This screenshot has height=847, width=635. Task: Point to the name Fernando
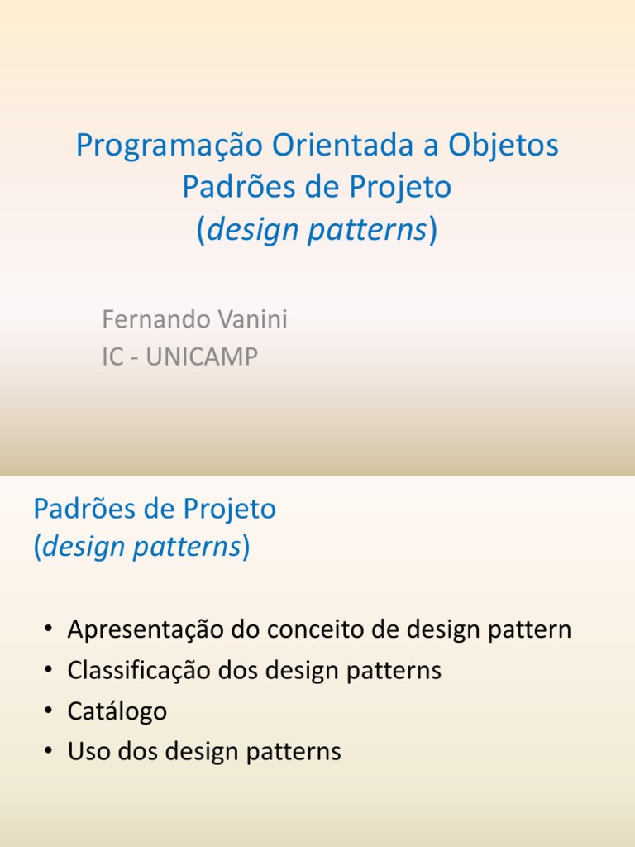click(x=151, y=319)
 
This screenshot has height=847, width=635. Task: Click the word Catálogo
click(x=117, y=711)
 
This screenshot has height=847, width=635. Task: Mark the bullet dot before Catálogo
click(x=50, y=711)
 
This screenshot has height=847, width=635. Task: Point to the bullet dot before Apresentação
click(x=50, y=630)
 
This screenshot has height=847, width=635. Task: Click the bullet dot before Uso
click(x=50, y=751)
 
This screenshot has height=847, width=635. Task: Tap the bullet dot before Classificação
click(x=50, y=670)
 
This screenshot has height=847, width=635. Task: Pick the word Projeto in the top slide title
click(x=400, y=188)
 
